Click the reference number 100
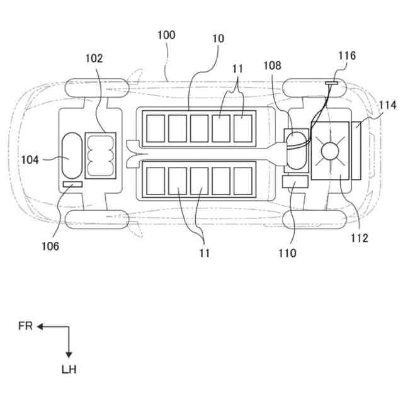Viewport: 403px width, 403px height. (166, 35)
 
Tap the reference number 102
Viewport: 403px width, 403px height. (94, 58)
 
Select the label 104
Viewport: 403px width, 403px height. (30, 160)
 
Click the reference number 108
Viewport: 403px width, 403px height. (273, 65)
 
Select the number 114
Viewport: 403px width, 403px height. (388, 105)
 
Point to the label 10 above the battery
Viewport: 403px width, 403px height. (218, 38)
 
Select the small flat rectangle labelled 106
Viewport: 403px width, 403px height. (72, 184)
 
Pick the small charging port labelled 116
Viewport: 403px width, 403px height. (332, 82)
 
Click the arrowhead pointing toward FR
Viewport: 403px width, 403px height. (39, 326)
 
